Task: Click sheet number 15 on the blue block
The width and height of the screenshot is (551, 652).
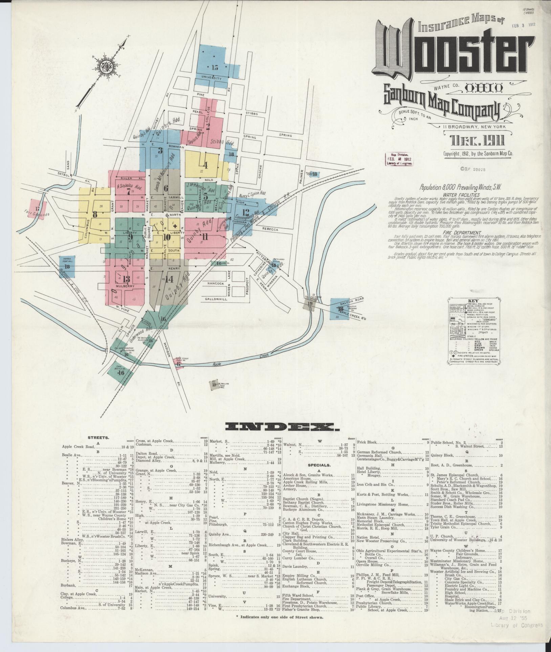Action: (x=215, y=67)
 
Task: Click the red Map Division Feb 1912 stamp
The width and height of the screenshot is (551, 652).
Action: (x=400, y=159)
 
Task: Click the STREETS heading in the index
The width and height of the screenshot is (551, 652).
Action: (x=98, y=437)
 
